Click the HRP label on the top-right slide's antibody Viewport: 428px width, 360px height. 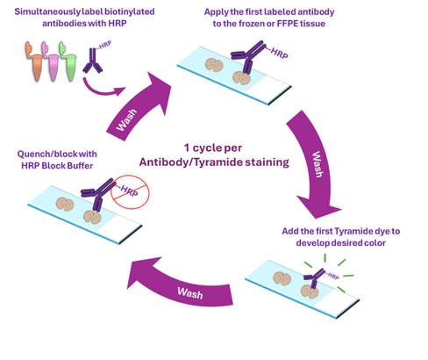[x=279, y=54]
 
